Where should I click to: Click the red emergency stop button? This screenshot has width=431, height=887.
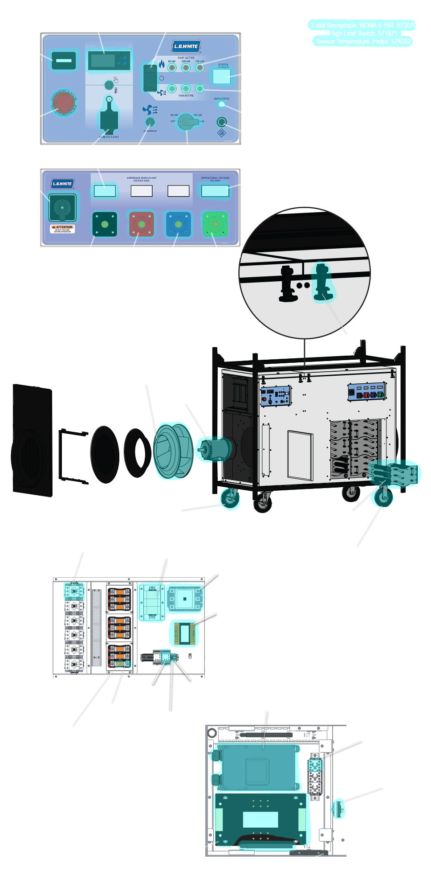pos(64,103)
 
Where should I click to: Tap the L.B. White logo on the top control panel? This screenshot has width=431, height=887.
pos(186,46)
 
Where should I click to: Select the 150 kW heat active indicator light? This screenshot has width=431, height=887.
pos(200,68)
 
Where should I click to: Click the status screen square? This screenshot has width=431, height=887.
pos(221,77)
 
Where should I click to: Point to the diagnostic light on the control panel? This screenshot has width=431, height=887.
pos(221,104)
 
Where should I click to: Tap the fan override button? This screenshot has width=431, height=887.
pos(150,122)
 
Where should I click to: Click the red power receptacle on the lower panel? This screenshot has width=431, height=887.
pos(142,224)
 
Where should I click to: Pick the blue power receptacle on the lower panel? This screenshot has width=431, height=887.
pos(178,224)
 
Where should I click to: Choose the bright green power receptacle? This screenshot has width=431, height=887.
pos(215,224)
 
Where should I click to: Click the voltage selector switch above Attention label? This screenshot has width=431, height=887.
pos(62,207)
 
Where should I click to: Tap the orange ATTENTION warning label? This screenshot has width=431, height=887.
pos(62,229)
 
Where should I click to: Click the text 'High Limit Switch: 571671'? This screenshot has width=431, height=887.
pos(363,33)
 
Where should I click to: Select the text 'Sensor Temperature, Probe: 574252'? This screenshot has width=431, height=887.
pos(363,41)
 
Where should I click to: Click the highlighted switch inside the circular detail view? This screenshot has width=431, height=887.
pos(322,282)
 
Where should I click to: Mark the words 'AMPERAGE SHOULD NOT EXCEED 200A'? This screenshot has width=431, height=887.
pos(142,179)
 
